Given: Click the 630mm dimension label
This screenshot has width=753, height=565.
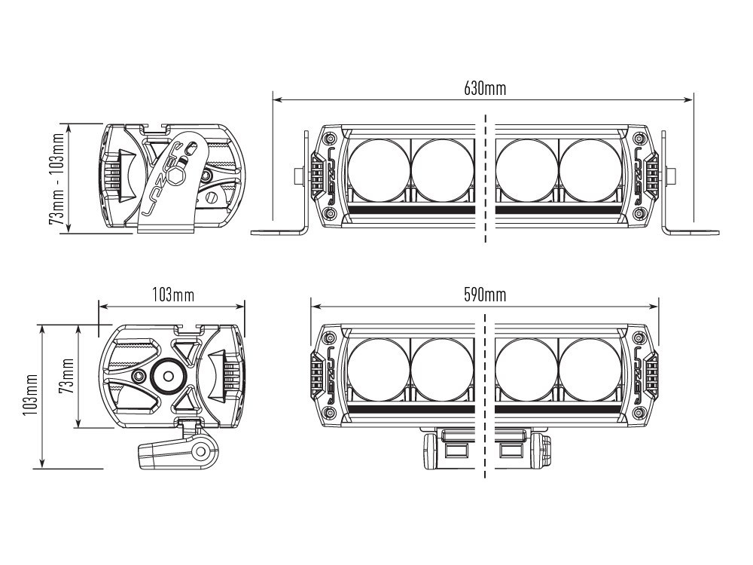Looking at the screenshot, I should [x=484, y=89].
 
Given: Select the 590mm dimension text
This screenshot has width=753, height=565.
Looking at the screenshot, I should [x=484, y=295].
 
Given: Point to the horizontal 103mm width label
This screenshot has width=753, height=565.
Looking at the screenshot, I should [x=172, y=295].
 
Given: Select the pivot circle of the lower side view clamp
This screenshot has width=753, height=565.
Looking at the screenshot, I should [x=201, y=452].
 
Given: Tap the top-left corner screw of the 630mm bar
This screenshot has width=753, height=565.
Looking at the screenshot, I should [x=329, y=139].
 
